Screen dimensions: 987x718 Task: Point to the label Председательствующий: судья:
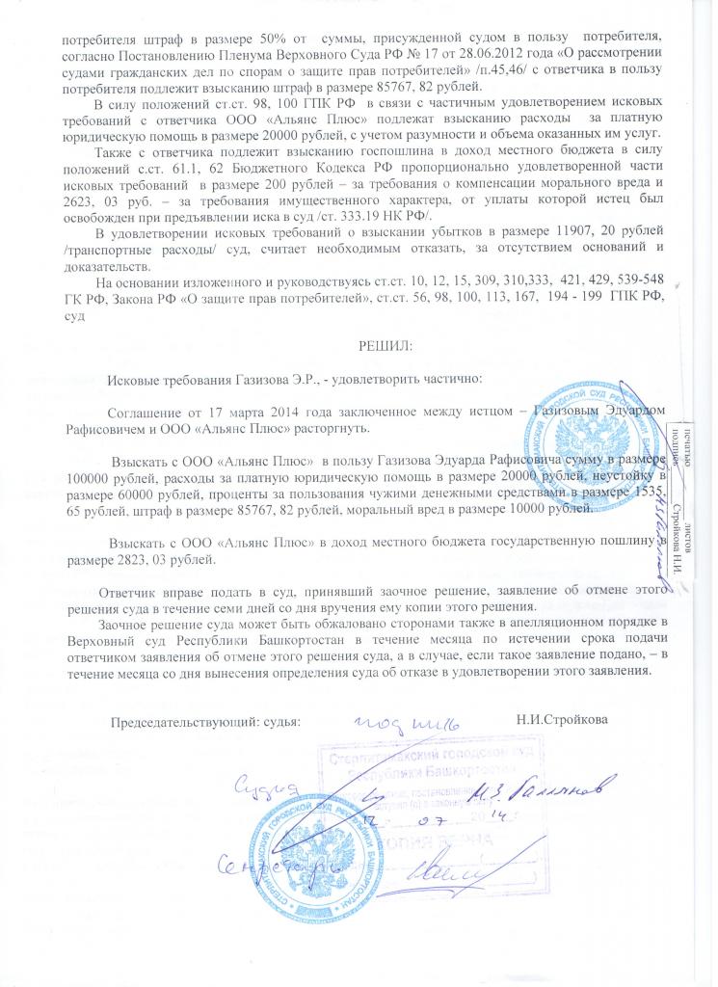coord(205,720)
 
